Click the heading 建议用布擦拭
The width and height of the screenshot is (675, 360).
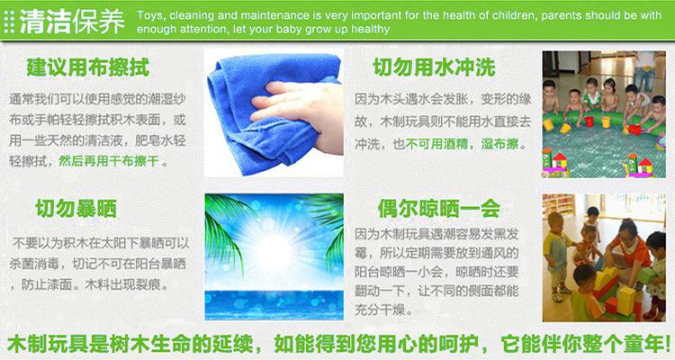pyautogui.click(x=88, y=67)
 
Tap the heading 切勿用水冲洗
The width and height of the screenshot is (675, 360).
pyautogui.click(x=434, y=67)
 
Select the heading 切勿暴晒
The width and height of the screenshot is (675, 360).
pyautogui.click(x=76, y=209)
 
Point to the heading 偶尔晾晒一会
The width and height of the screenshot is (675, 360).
pyautogui.click(x=439, y=209)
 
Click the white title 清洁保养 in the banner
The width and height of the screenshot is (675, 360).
pyautogui.click(x=72, y=21)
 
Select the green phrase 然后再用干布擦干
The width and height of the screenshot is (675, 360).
pyautogui.click(x=109, y=161)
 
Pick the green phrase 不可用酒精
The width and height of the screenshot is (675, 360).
pyautogui.click(x=436, y=143)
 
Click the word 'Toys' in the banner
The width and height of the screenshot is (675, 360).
pyautogui.click(x=150, y=16)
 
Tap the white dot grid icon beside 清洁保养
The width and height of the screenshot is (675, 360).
pyautogui.click(x=9, y=22)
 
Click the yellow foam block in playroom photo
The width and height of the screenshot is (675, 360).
pyautogui.click(x=625, y=298)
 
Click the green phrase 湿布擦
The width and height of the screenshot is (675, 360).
pyautogui.click(x=499, y=143)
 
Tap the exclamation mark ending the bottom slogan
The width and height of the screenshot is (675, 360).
pyautogui.click(x=667, y=345)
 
